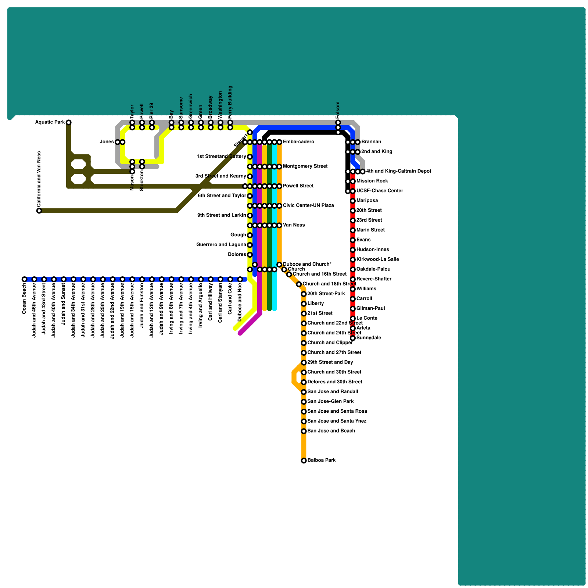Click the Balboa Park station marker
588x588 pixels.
(x=304, y=460)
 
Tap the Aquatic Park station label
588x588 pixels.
(x=50, y=122)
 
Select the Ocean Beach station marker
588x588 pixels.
(x=24, y=279)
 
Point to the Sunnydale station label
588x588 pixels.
(x=369, y=338)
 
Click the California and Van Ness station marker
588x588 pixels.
(x=39, y=211)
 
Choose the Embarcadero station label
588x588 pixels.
(x=298, y=142)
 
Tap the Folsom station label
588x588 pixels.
(x=338, y=110)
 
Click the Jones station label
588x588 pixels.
(x=107, y=142)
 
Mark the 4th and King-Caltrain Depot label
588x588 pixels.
(x=398, y=171)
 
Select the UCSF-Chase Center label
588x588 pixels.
(x=380, y=191)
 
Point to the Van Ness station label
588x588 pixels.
(x=294, y=225)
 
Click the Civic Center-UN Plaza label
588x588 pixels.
(x=308, y=205)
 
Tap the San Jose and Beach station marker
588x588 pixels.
(x=304, y=431)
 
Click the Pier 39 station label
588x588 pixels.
(x=152, y=111)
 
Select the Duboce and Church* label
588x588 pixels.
(x=307, y=264)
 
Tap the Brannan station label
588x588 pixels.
(x=371, y=142)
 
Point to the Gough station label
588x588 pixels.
(x=238, y=235)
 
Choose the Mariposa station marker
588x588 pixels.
(x=352, y=201)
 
